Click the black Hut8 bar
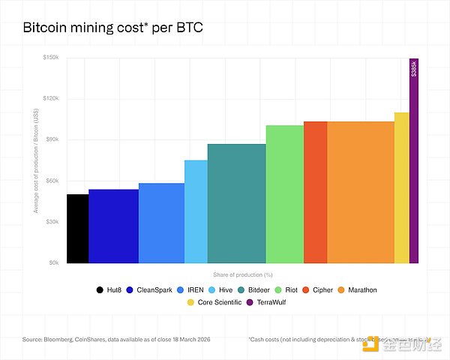(77, 229)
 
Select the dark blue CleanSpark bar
(113, 226)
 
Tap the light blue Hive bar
(196, 211)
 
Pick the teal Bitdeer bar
(236, 203)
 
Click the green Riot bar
(284, 194)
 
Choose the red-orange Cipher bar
(315, 192)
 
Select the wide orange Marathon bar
(360, 192)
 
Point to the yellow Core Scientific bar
(401, 187)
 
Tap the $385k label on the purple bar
(414, 68)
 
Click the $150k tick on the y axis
(50, 58)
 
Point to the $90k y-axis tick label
(52, 140)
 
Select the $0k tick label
(54, 263)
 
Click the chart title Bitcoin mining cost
(113, 28)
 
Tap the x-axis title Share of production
(241, 274)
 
